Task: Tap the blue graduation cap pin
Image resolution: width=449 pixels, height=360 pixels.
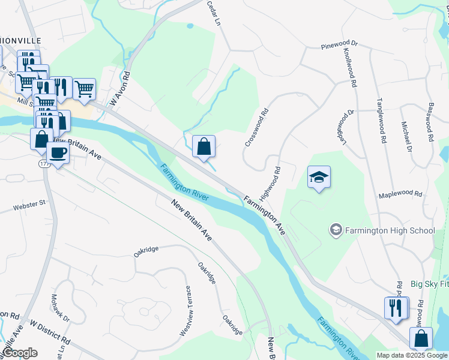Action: (x=319, y=177)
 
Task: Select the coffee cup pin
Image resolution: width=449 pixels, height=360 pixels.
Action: (x=58, y=153)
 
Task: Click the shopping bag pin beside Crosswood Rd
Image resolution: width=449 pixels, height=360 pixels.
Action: (x=204, y=146)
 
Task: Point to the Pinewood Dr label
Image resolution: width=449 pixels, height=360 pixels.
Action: (x=339, y=44)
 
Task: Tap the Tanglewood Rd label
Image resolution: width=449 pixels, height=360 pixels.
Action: (x=381, y=120)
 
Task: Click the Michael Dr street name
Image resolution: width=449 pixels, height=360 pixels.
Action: (x=406, y=136)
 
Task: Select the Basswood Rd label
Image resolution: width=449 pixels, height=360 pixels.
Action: (x=429, y=122)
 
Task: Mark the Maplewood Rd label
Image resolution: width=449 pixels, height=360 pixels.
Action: (x=400, y=195)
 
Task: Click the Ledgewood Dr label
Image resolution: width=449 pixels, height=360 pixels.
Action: (x=349, y=127)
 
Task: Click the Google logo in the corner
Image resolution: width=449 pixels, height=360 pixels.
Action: (x=19, y=352)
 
